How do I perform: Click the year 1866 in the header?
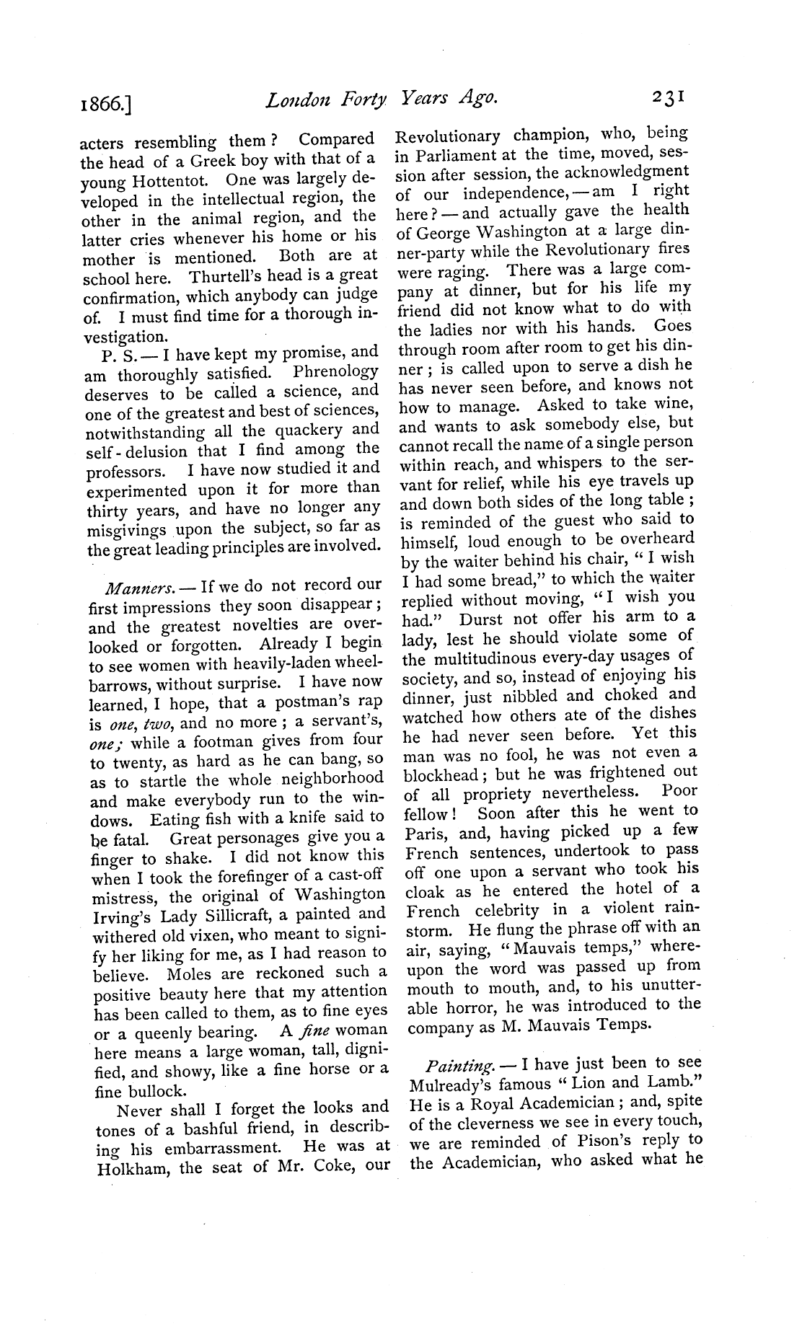click(x=107, y=107)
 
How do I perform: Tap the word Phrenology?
click(x=335, y=372)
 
